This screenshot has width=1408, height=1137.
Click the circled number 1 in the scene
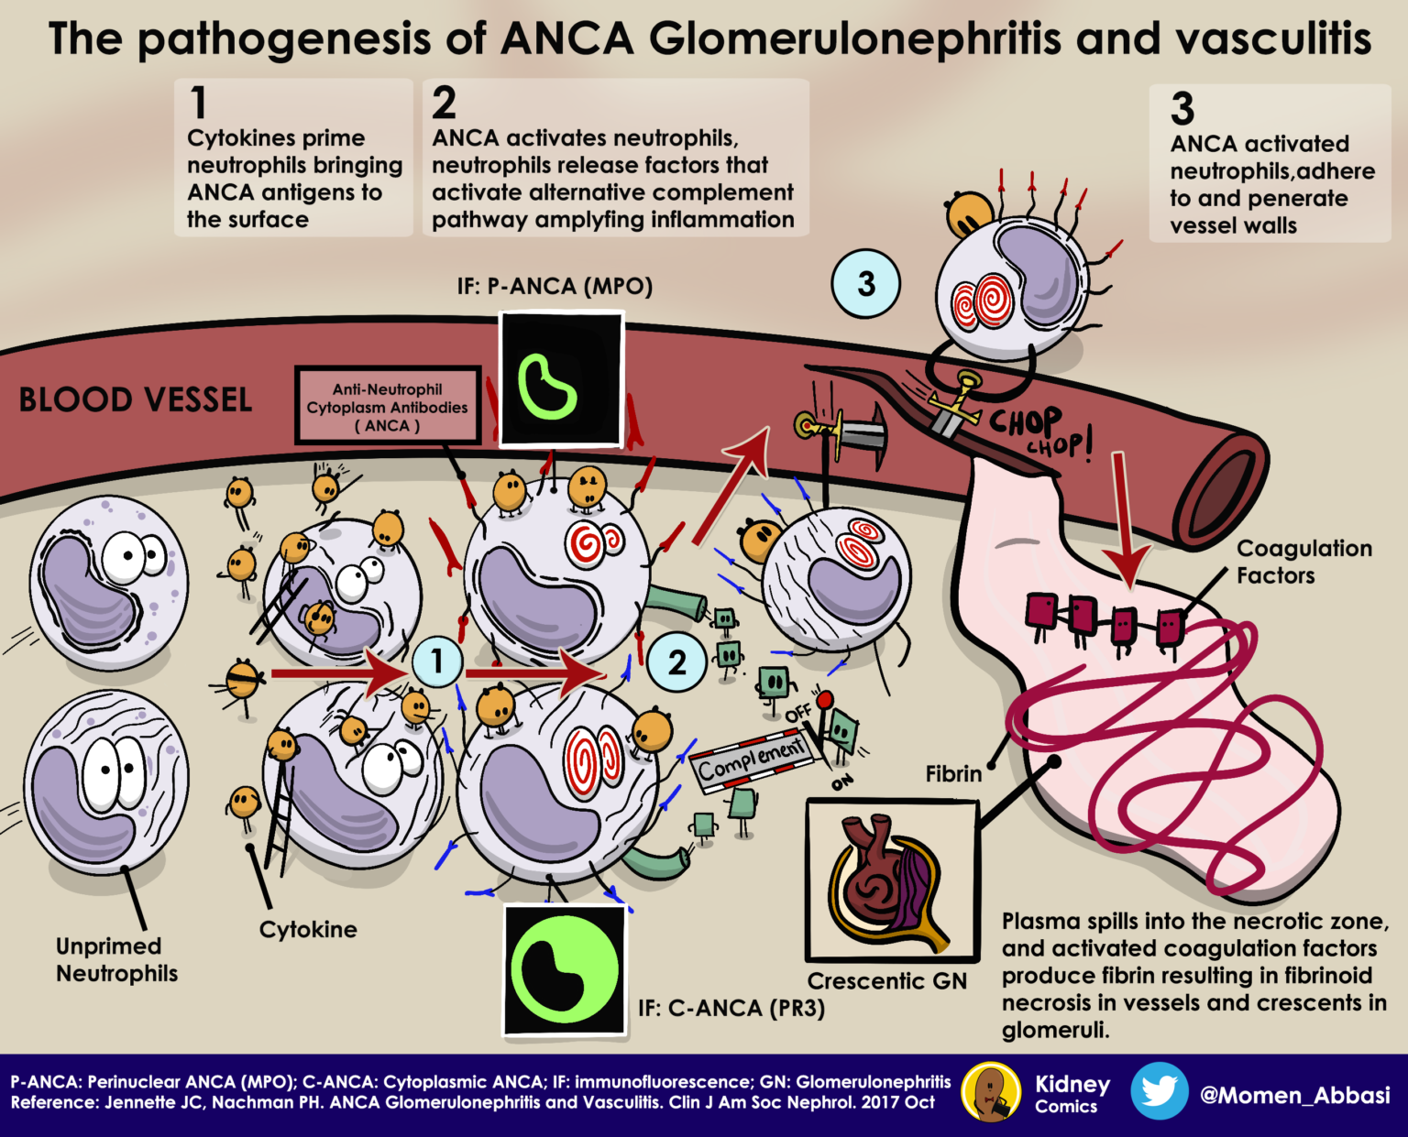(437, 661)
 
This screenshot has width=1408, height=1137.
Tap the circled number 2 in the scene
(676, 662)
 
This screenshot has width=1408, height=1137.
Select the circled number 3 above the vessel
(865, 284)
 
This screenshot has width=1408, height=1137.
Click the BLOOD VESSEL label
(136, 400)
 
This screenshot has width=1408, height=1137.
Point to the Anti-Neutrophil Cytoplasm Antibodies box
(388, 407)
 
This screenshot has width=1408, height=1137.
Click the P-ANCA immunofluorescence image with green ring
(560, 378)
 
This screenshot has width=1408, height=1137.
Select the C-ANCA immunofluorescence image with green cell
(565, 970)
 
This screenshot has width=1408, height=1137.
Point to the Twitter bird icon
(1159, 1091)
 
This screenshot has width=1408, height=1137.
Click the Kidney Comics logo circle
(991, 1091)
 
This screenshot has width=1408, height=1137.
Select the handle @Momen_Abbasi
(1294, 1095)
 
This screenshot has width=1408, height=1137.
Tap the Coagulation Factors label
(1303, 562)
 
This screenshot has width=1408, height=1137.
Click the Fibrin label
(953, 774)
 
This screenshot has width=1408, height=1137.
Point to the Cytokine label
(308, 929)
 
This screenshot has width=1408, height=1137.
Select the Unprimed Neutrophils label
(117, 959)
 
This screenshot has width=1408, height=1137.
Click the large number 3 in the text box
(1182, 109)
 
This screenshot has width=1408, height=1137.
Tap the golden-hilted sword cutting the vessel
(953, 403)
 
